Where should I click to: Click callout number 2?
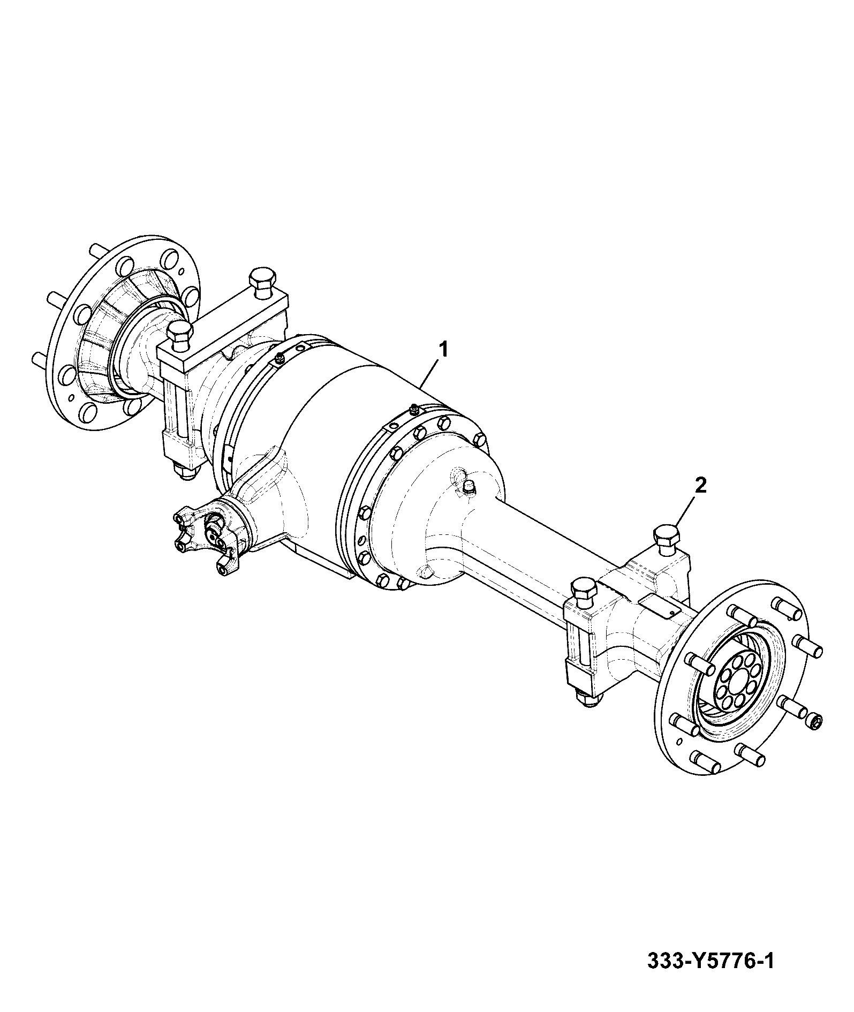pyautogui.click(x=700, y=486)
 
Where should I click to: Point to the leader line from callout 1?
pyautogui.click(x=430, y=375)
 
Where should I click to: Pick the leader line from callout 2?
pyautogui.click(x=685, y=511)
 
